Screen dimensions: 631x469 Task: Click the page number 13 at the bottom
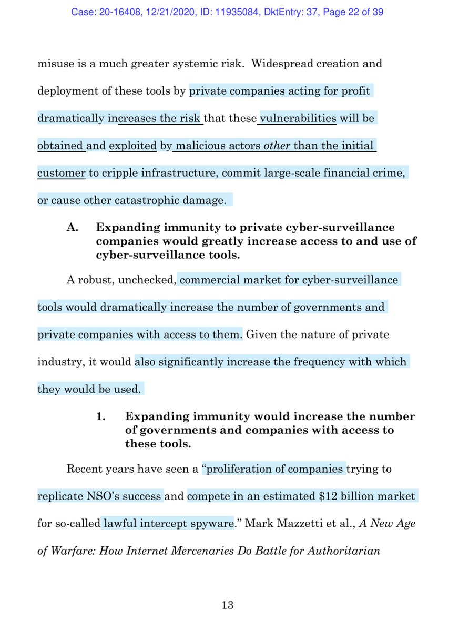[x=228, y=605]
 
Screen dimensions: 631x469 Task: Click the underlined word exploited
[x=133, y=146]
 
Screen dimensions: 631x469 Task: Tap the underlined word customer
[x=61, y=173]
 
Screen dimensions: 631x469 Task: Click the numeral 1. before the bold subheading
[x=101, y=416]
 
